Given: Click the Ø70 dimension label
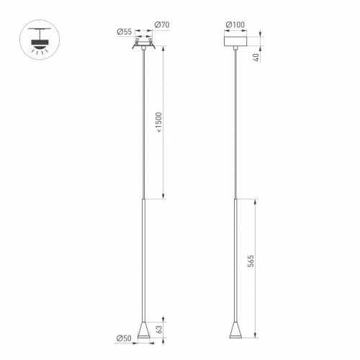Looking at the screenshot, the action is click(162, 24).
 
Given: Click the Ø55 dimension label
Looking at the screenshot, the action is click(125, 32).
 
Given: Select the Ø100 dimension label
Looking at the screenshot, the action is click(235, 24).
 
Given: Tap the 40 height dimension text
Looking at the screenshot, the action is click(256, 58).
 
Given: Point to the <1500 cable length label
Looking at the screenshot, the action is click(160, 122).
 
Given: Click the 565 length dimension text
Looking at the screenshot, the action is click(251, 261).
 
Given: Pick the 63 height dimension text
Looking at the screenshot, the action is click(159, 329).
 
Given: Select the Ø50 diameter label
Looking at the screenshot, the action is click(124, 338).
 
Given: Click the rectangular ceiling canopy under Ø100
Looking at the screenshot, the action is click(235, 41).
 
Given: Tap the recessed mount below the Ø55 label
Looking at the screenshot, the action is click(143, 44).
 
